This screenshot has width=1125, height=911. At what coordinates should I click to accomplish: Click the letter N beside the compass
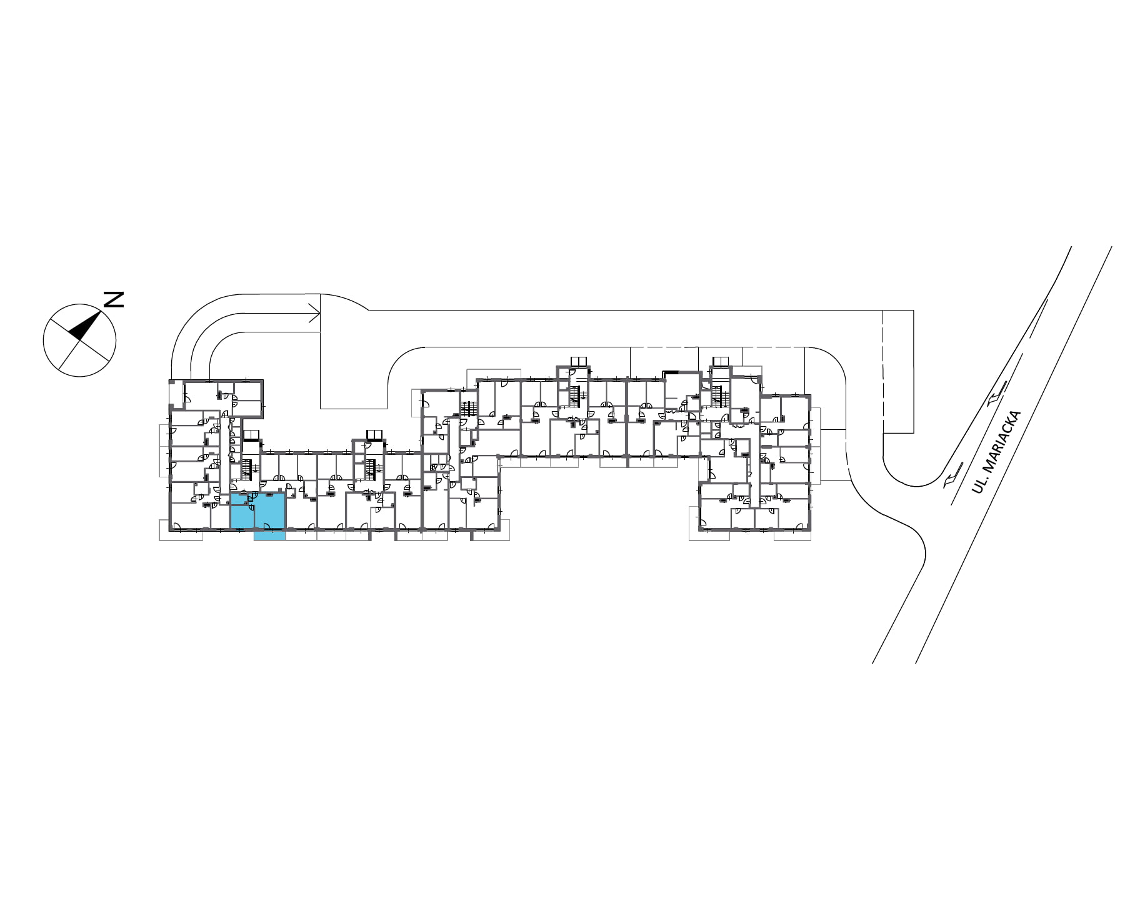(114, 299)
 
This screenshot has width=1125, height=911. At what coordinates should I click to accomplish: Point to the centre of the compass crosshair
(79, 341)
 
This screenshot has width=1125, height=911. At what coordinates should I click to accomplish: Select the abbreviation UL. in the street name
(978, 485)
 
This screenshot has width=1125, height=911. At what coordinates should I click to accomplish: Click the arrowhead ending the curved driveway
(315, 314)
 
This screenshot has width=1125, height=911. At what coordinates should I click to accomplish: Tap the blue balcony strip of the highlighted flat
(269, 535)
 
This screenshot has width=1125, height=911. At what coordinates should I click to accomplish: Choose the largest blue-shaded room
(270, 510)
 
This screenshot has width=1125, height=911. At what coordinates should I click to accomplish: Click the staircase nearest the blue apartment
(250, 469)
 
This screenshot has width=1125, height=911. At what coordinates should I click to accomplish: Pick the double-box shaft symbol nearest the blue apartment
(251, 435)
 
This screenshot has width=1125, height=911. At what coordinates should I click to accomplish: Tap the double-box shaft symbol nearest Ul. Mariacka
(721, 361)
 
